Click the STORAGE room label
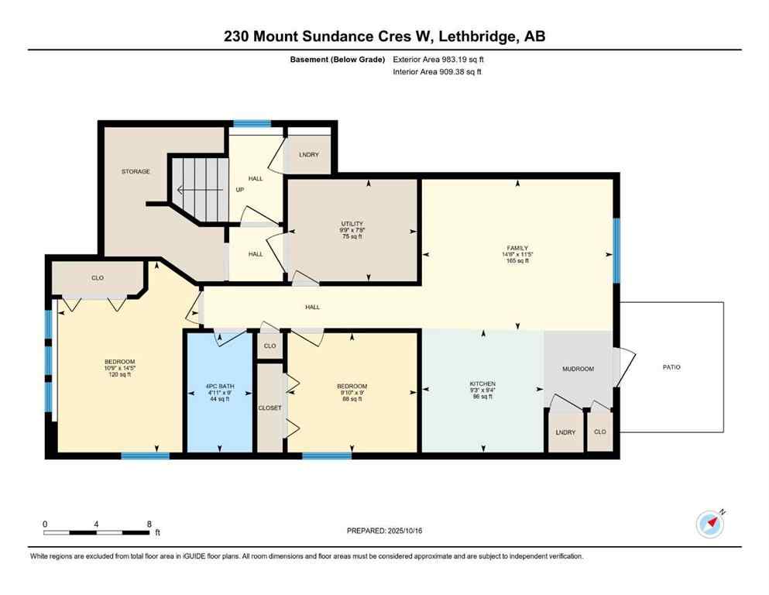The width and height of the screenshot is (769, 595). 135,171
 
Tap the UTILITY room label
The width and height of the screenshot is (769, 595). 352,224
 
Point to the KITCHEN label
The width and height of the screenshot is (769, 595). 482,383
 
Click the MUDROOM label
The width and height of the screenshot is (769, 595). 578,369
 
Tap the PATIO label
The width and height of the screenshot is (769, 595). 671,367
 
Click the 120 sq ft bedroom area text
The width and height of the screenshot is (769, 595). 120,374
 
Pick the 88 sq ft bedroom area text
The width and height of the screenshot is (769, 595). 352,399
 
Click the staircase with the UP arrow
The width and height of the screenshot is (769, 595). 199,188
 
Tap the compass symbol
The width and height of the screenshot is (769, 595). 710,524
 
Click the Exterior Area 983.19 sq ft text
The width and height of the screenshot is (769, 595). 439,59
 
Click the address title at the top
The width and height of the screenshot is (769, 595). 384,36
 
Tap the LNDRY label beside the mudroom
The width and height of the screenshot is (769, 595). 565,432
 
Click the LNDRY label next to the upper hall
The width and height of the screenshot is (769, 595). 308,154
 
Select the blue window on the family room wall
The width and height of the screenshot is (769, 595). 616,250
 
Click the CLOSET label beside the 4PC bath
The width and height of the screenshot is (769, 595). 269,408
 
